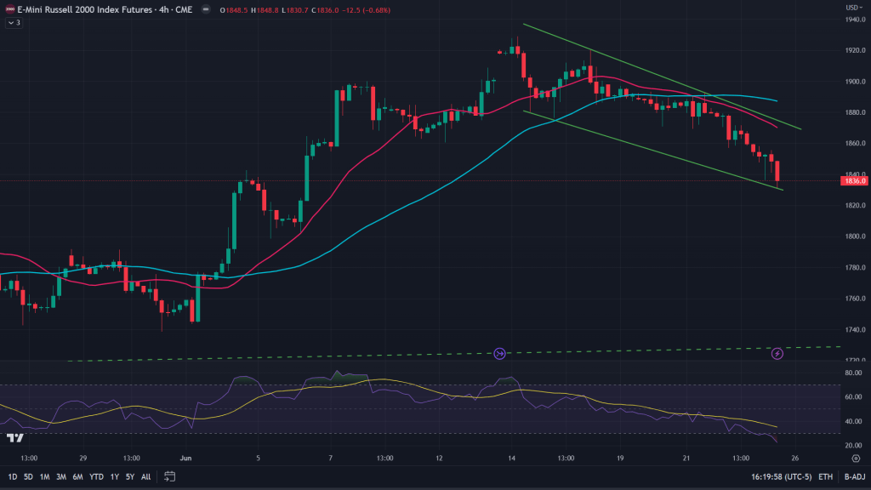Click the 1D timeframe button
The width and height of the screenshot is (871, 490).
(x=13, y=476)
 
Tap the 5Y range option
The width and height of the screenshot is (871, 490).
(x=130, y=476)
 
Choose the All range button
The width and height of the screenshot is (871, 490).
(x=146, y=476)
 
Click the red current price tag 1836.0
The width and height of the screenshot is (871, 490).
(x=853, y=181)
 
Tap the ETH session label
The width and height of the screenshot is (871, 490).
(x=825, y=476)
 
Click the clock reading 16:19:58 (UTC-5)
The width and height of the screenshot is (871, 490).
(x=781, y=476)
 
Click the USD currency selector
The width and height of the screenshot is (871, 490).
(x=852, y=7)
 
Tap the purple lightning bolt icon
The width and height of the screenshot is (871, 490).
(x=777, y=353)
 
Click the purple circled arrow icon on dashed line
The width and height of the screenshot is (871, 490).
(x=499, y=353)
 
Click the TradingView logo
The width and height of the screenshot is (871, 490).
(x=14, y=437)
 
